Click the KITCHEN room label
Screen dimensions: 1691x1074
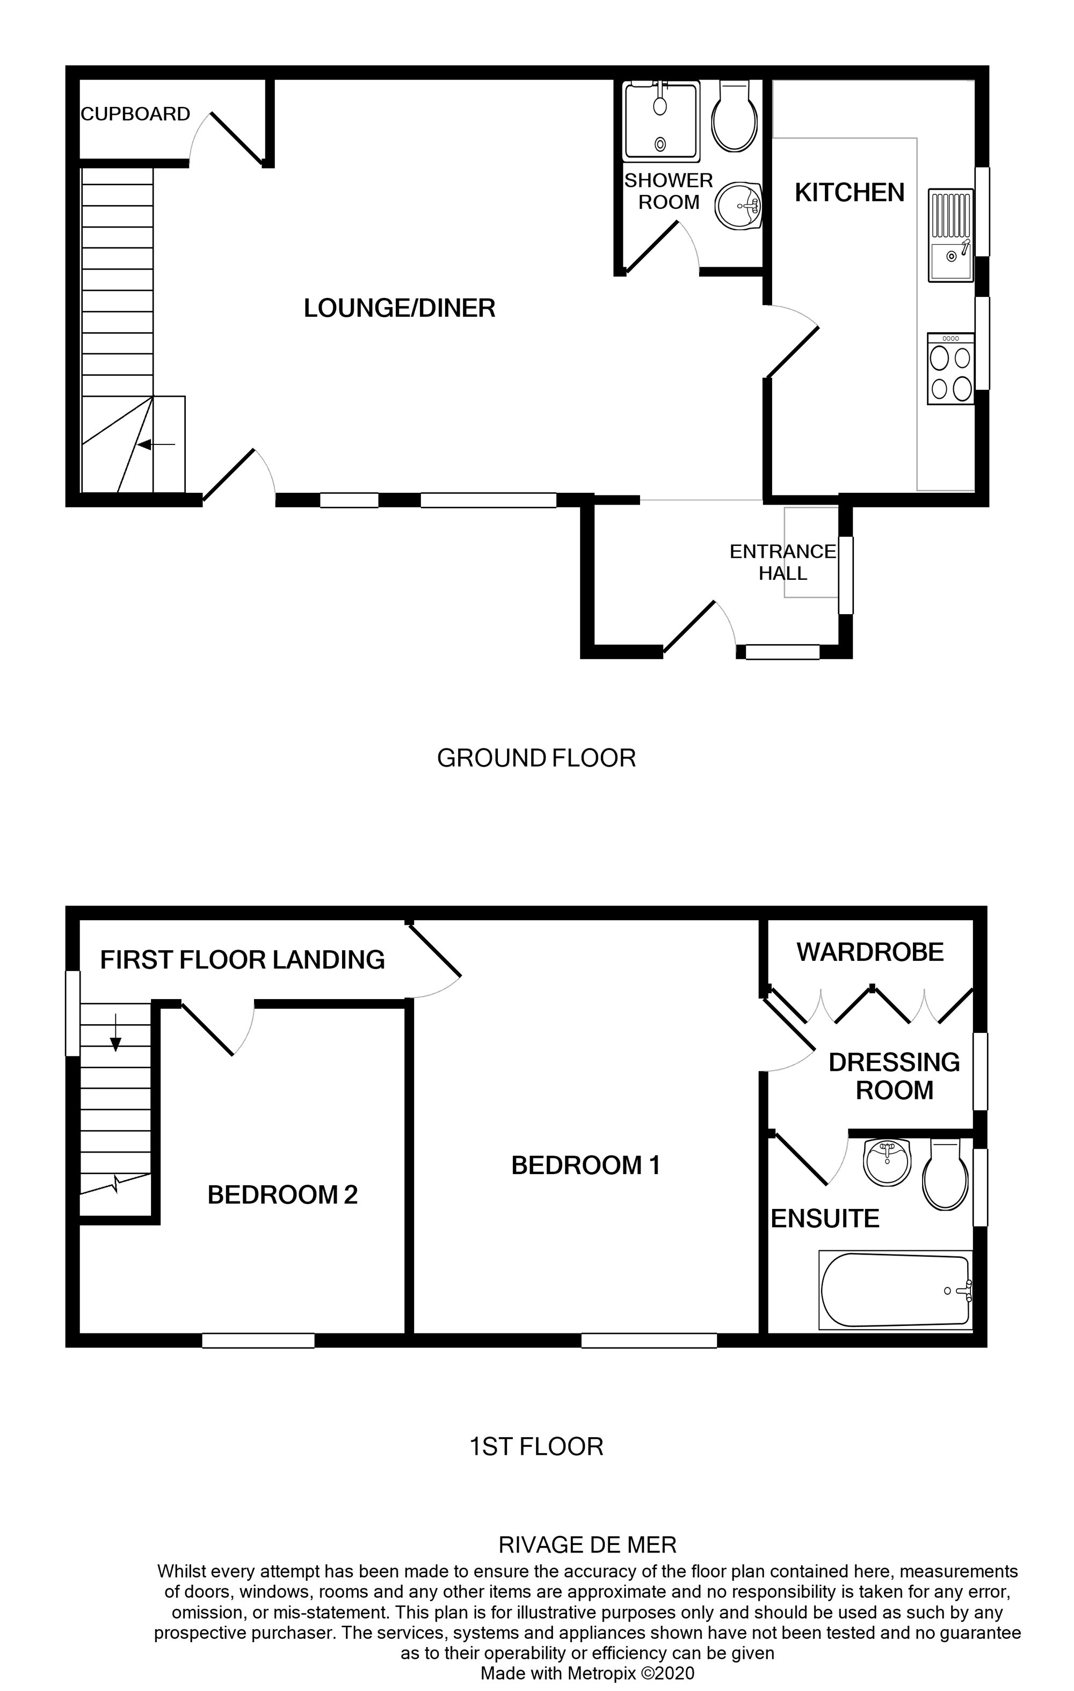(849, 192)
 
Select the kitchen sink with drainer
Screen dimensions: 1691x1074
(951, 235)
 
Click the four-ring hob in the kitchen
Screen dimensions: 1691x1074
(950, 369)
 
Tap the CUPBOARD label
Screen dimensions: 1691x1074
(135, 114)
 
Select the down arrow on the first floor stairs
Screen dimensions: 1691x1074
(116, 1036)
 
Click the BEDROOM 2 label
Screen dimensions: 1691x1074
(282, 1194)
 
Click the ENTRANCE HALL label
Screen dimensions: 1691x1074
(782, 563)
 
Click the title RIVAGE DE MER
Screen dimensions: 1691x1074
(587, 1545)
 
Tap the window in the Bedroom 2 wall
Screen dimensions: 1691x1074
(258, 1340)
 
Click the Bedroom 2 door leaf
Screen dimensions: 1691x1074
(207, 1030)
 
